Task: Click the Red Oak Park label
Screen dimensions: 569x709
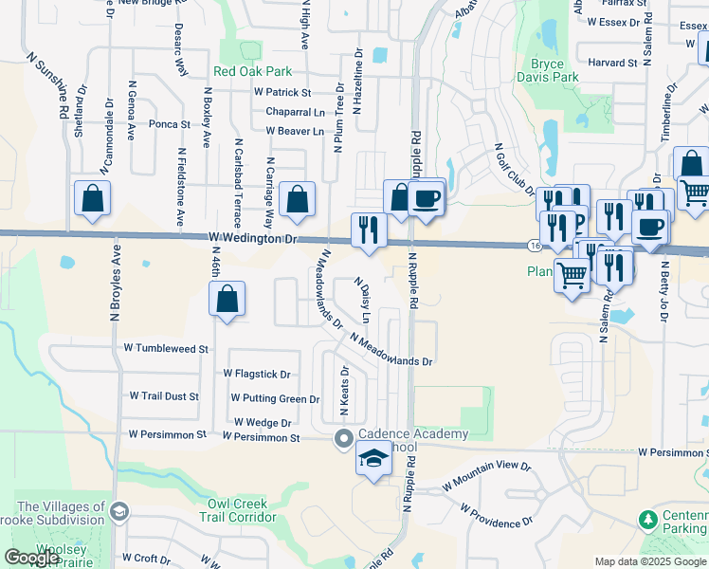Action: click(253, 71)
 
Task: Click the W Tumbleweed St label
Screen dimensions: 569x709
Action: click(166, 349)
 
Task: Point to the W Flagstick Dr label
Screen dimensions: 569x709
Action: click(257, 375)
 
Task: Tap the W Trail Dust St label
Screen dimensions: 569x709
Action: click(164, 395)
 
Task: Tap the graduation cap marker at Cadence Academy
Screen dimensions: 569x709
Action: click(373, 460)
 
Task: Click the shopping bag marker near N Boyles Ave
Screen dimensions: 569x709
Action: click(93, 199)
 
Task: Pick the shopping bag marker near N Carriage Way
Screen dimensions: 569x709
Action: click(298, 200)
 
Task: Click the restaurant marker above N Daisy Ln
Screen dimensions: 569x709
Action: click(367, 229)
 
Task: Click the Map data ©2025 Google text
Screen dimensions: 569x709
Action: click(650, 561)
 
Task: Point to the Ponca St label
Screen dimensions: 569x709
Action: click(170, 123)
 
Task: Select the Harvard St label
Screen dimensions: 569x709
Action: click(611, 63)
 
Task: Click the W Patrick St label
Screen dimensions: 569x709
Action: click(282, 93)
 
